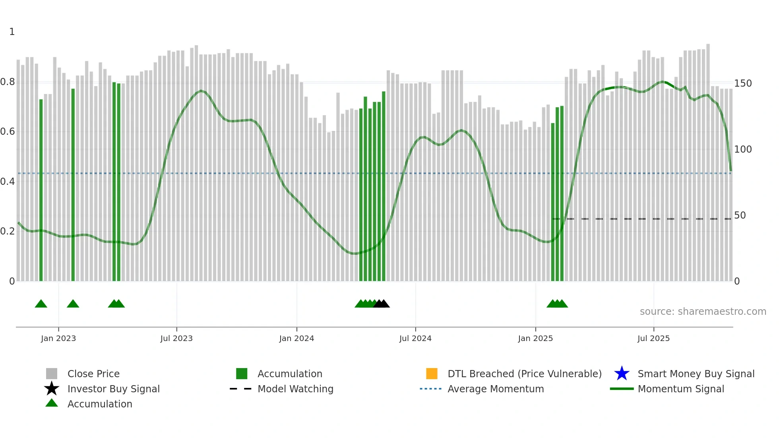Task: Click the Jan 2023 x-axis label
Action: point(58,338)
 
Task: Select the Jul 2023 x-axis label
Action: point(176,338)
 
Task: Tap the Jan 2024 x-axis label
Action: point(296,338)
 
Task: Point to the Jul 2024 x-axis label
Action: point(415,338)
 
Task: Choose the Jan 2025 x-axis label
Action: point(535,338)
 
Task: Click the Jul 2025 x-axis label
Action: point(653,338)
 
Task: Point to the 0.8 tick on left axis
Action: point(8,82)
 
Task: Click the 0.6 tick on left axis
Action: point(8,132)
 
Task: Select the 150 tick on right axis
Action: point(743,83)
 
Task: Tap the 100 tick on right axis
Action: point(743,149)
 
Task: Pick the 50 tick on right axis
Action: point(740,215)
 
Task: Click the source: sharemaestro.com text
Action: point(703,312)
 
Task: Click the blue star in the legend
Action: point(622,374)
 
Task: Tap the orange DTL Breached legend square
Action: point(432,374)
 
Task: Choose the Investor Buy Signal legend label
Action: point(114,389)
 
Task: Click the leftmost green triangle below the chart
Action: point(41,304)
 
